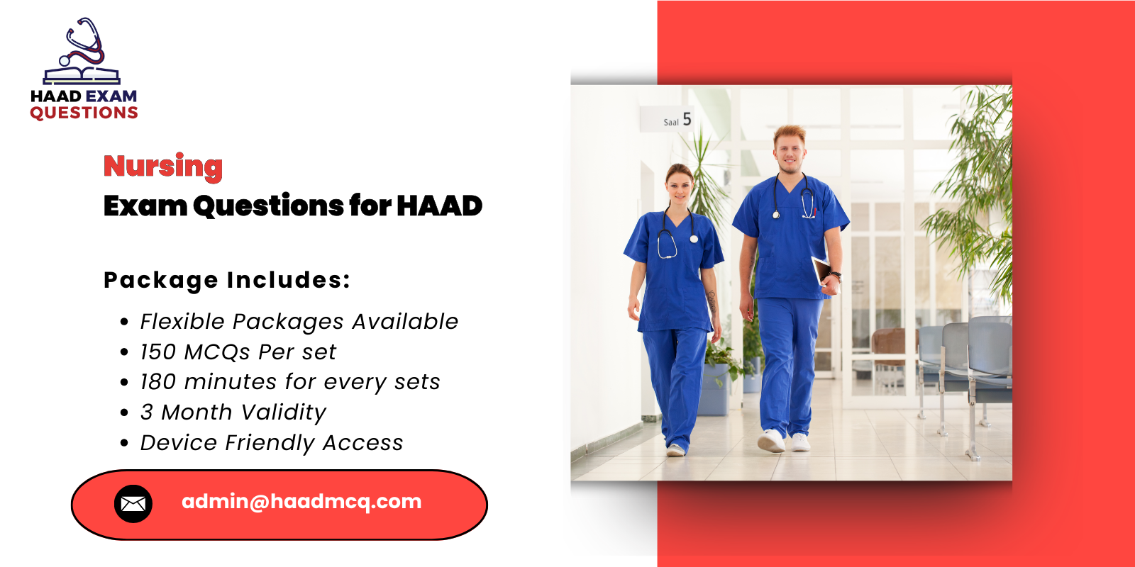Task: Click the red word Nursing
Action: pos(163,167)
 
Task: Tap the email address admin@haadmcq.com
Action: pos(301,502)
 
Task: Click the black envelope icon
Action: pos(133,504)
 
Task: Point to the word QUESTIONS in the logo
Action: pos(84,113)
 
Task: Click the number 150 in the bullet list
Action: pos(157,352)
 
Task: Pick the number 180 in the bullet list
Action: pos(157,382)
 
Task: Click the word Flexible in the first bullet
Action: pos(182,322)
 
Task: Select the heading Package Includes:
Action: pos(227,280)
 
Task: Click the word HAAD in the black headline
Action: pos(439,206)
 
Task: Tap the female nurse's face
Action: pos(679,186)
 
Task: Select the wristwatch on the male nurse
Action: pos(836,276)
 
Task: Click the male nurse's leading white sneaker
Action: pos(771,441)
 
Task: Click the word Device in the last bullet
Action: pos(179,443)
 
